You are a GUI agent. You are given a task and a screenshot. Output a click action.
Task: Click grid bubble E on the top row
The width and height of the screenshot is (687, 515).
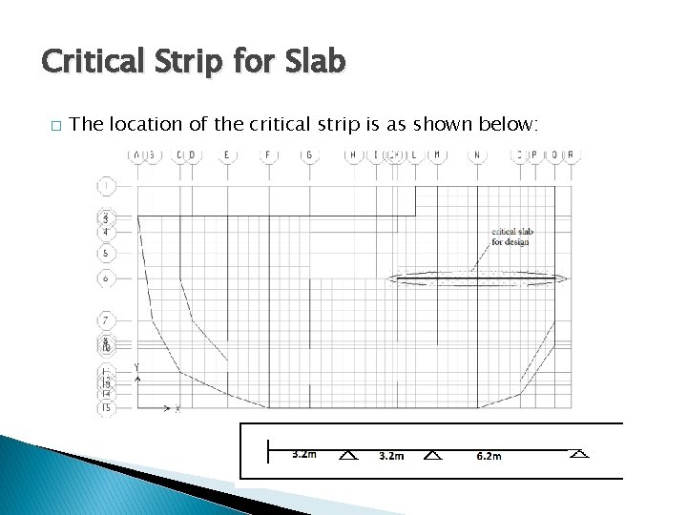click(227, 155)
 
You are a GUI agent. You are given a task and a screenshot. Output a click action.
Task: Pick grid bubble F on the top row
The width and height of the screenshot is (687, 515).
click(268, 155)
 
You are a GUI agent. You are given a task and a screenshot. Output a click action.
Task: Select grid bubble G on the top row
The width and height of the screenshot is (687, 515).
click(309, 155)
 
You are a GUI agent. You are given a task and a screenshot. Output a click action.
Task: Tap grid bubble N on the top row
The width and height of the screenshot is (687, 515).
click(476, 155)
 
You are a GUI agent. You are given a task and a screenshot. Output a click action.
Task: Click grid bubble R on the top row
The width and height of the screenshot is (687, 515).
click(571, 155)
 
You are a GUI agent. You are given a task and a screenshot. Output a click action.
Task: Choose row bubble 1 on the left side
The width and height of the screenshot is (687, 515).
click(107, 184)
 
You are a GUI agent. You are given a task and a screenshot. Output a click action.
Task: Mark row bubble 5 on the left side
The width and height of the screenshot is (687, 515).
click(107, 254)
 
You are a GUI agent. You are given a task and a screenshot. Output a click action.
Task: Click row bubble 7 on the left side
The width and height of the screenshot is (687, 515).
click(107, 319)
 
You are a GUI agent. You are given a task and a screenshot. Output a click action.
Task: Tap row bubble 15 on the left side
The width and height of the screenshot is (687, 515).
click(107, 407)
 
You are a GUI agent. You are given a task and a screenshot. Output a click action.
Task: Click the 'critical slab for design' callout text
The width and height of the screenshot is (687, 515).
click(510, 237)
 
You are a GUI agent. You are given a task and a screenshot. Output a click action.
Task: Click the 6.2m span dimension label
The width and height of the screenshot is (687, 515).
click(489, 456)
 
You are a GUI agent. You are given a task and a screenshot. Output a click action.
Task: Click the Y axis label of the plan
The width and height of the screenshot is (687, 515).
click(139, 367)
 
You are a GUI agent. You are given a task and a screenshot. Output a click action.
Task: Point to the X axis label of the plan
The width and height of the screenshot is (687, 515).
click(177, 408)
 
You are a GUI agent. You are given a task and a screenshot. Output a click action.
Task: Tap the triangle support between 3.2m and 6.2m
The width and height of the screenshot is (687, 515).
click(433, 455)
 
